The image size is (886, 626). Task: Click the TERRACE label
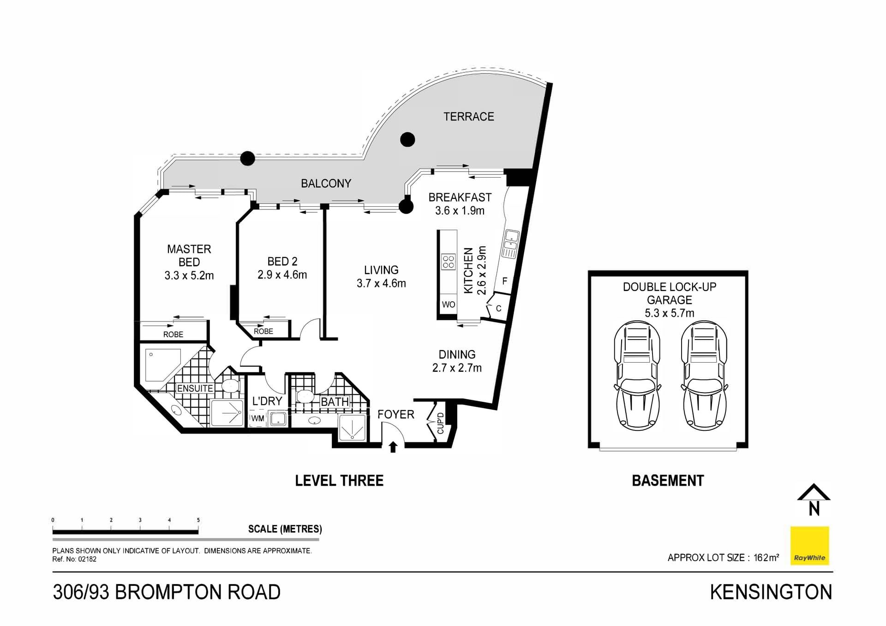468,117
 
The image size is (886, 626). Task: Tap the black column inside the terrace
407,139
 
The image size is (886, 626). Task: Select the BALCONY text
326,184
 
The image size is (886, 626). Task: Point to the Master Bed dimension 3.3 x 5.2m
189,276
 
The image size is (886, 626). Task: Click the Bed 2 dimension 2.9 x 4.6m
282,275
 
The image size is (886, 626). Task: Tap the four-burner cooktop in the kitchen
449,262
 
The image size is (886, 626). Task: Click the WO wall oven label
448,304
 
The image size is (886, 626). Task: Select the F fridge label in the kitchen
504,281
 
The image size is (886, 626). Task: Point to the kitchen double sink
510,244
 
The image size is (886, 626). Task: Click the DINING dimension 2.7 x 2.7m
457,368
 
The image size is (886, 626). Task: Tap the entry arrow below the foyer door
393,447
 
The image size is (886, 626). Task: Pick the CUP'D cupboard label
440,423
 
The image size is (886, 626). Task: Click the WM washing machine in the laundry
257,418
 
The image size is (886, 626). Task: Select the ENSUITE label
195,388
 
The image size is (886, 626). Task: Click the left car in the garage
637,376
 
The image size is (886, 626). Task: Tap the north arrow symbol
814,500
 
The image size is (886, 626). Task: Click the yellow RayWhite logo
809,546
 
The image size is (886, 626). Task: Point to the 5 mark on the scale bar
198,520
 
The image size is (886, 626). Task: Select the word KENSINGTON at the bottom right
771,592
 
